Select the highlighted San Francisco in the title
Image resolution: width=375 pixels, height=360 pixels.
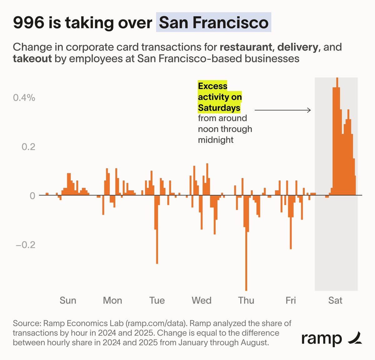click(x=214, y=23)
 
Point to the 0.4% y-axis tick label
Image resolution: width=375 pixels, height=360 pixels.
click(x=24, y=98)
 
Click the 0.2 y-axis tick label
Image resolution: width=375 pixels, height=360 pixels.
click(x=28, y=147)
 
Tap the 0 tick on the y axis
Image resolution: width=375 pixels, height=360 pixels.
click(x=32, y=196)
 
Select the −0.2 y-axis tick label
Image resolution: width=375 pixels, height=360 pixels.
click(x=26, y=245)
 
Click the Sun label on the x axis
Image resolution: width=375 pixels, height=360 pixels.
click(x=68, y=301)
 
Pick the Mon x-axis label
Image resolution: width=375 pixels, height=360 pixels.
click(x=112, y=301)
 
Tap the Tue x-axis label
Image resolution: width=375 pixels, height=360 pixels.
click(x=157, y=301)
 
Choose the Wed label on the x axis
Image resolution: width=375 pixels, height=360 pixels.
click(x=202, y=301)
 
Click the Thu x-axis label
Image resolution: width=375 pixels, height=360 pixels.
click(x=246, y=301)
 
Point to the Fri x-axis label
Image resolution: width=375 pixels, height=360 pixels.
click(x=291, y=301)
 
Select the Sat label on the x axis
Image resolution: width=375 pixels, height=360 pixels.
click(x=335, y=301)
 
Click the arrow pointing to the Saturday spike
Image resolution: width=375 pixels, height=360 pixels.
click(x=282, y=110)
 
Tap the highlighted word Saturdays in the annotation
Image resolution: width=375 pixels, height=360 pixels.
click(x=219, y=108)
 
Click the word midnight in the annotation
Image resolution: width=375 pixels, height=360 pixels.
click(x=216, y=140)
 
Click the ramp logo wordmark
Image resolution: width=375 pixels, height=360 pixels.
click(x=322, y=339)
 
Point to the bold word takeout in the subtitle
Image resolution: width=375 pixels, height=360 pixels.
click(x=32, y=58)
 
